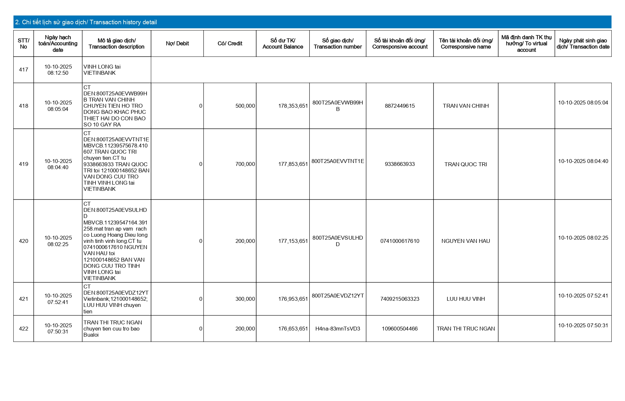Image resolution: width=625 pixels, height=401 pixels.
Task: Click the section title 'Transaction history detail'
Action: (86, 22)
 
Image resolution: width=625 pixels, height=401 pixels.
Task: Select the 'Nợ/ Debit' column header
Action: (177, 44)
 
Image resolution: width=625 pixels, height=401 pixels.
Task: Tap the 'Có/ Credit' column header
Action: (230, 44)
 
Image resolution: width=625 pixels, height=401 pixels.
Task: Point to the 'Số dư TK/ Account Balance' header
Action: (283, 44)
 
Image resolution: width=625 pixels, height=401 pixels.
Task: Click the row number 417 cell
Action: (24, 70)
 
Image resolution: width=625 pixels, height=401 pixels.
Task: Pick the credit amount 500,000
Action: (245, 106)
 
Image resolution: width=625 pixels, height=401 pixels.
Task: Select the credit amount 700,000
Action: (245, 164)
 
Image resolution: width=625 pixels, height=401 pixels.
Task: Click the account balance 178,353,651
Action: (293, 106)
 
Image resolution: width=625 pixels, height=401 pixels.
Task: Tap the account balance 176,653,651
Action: (293, 329)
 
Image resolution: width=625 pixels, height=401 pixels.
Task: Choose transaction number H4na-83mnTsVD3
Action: (337, 329)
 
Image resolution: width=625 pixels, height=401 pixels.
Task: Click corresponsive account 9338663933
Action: (400, 164)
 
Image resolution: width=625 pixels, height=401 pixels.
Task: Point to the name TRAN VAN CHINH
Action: (466, 106)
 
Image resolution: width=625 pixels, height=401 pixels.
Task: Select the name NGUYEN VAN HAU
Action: (466, 241)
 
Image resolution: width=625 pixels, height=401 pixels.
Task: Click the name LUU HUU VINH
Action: (466, 299)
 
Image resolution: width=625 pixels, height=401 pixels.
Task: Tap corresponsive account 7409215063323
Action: (400, 299)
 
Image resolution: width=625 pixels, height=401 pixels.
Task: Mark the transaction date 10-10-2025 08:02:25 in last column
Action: (583, 238)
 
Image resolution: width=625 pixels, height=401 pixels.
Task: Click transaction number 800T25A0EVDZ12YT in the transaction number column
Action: (338, 296)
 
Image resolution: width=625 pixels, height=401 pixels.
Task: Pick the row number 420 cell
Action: (24, 241)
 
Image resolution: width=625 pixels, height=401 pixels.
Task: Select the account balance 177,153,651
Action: (293, 241)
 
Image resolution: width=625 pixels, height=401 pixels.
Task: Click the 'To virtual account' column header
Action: (526, 44)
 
